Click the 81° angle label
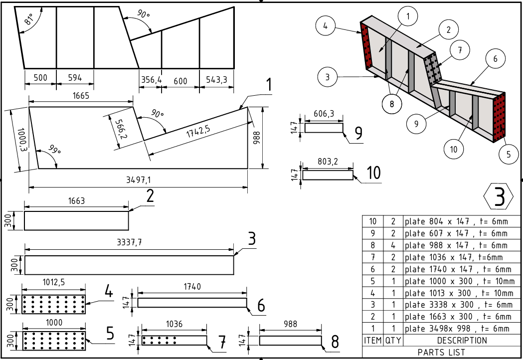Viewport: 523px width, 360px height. click(x=29, y=19)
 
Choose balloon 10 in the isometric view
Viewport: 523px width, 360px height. click(x=454, y=149)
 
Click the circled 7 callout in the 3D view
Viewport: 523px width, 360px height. click(x=459, y=50)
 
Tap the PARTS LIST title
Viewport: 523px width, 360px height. click(x=442, y=352)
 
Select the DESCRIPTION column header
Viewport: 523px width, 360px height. click(x=462, y=341)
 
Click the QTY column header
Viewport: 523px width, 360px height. click(x=392, y=341)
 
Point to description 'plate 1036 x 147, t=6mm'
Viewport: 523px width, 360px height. click(x=454, y=257)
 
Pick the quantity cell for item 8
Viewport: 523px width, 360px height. click(x=392, y=245)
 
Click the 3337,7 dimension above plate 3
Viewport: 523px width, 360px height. click(x=129, y=242)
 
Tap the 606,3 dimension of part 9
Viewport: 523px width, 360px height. click(x=324, y=114)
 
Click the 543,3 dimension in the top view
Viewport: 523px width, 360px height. click(x=217, y=80)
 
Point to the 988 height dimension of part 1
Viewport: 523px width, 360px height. click(x=257, y=138)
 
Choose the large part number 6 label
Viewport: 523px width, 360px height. click(x=261, y=305)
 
